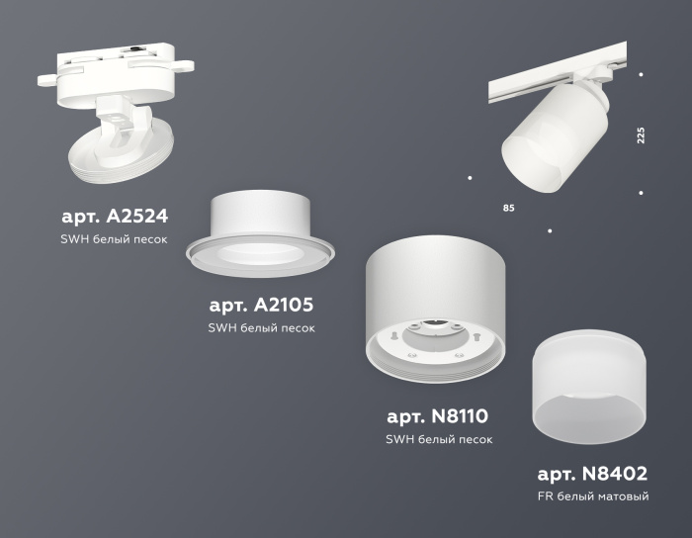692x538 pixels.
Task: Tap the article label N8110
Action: point(438,415)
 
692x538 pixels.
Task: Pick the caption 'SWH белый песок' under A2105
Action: point(261,328)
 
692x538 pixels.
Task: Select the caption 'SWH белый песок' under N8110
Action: point(438,439)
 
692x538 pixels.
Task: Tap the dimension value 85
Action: point(508,209)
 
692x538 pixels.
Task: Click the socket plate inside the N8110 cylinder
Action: point(435,338)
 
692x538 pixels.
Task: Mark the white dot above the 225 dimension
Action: point(642,74)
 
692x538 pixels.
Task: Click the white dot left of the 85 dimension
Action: point(469,178)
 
